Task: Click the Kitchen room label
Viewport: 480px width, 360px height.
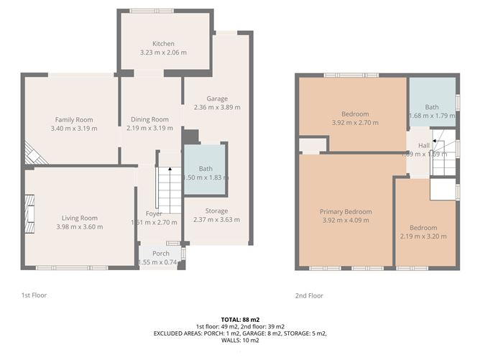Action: coord(164,43)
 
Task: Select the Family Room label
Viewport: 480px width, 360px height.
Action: coord(74,119)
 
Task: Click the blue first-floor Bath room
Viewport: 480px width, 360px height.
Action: coord(206,172)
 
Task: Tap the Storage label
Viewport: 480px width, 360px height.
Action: coord(216,211)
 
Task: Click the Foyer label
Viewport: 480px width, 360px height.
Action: coord(153,213)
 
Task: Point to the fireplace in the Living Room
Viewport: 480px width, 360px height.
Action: coord(30,215)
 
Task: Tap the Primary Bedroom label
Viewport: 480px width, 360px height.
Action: coord(346,212)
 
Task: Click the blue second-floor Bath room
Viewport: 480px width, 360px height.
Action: coord(432,111)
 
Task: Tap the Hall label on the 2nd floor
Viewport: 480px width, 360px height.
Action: coord(424,145)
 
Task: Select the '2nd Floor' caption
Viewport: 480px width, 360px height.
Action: coord(309,295)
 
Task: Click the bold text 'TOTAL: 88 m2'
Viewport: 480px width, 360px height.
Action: coord(240,319)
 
